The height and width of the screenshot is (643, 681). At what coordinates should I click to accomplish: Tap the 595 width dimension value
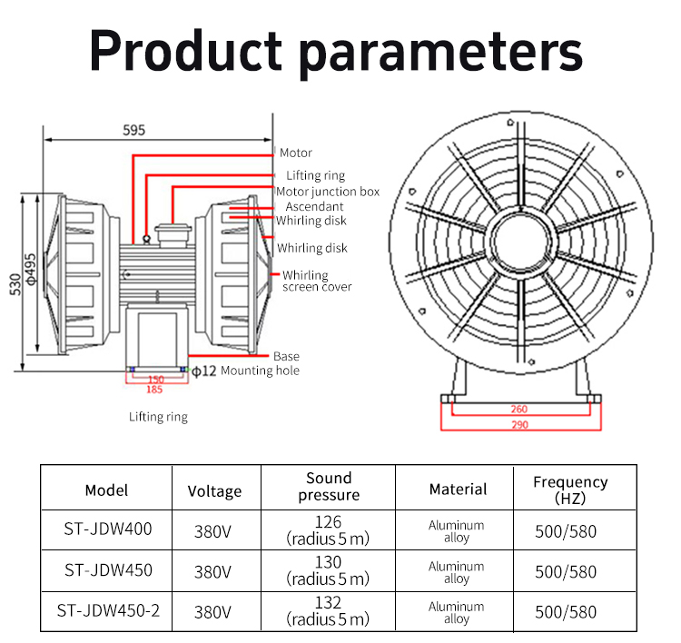(x=133, y=130)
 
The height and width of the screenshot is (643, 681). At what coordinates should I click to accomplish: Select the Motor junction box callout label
(x=328, y=192)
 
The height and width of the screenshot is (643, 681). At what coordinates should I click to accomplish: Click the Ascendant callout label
(x=313, y=207)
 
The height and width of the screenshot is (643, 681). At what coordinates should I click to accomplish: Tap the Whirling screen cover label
(x=316, y=282)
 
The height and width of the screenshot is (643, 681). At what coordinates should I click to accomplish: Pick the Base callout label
(x=286, y=356)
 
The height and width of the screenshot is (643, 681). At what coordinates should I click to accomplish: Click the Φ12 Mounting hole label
(x=246, y=371)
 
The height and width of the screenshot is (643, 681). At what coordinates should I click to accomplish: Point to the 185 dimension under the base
(x=155, y=390)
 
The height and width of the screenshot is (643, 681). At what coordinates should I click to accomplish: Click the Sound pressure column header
(x=329, y=487)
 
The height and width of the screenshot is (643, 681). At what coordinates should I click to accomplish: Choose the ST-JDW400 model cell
(x=107, y=529)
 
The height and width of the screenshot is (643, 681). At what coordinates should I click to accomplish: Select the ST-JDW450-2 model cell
(x=107, y=610)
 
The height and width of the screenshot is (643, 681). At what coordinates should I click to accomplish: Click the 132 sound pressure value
(x=329, y=603)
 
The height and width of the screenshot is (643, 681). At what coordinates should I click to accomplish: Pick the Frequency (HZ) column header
(x=570, y=490)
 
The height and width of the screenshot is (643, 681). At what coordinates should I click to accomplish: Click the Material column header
(x=458, y=490)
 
